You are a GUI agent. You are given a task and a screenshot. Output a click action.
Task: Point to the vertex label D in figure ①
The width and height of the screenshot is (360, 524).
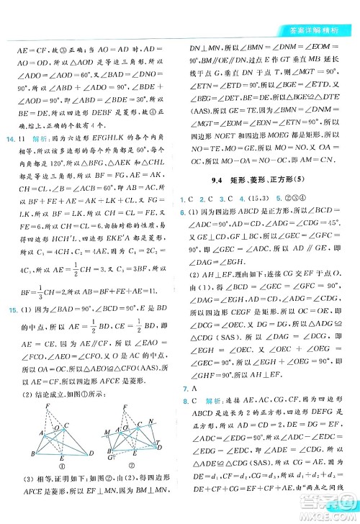(x=91, y=453)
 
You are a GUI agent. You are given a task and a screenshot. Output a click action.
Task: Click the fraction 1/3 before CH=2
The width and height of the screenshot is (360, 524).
(x=26, y=272)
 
